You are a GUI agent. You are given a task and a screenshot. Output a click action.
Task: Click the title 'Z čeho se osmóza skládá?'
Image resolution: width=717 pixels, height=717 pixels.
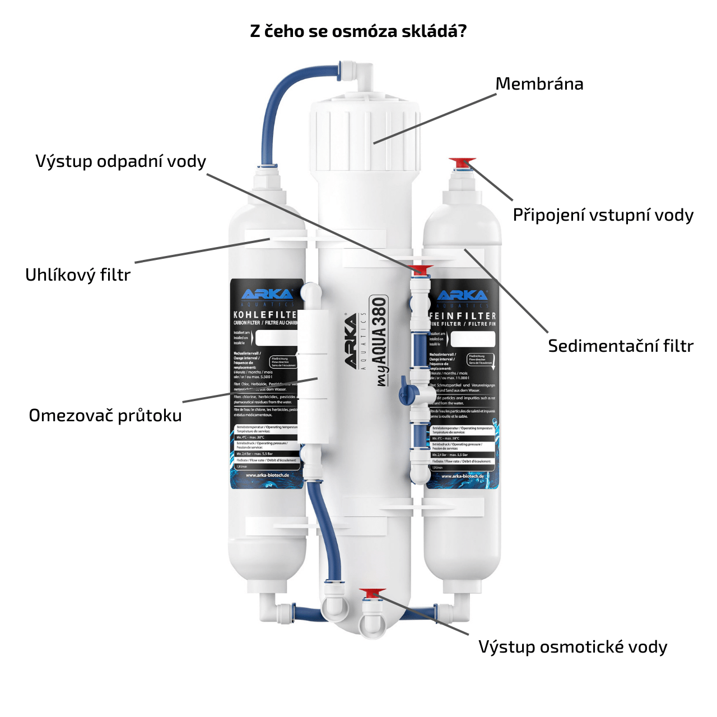(358, 31)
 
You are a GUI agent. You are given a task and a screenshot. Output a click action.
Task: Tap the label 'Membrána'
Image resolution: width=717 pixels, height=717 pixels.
(539, 84)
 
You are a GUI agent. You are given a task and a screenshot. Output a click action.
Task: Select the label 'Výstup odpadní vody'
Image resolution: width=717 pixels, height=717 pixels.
(121, 161)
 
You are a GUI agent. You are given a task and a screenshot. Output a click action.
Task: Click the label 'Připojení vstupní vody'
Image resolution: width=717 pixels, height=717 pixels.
(603, 215)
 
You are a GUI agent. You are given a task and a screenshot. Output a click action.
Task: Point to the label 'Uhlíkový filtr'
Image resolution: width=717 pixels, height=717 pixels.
(78, 275)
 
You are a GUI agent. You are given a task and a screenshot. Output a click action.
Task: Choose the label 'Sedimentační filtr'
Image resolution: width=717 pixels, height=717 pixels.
(620, 346)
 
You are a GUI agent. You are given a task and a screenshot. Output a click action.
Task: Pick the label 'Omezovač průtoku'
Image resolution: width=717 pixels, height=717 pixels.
(105, 416)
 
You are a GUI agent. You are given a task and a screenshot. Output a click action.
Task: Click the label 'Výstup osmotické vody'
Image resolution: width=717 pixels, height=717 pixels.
(572, 647)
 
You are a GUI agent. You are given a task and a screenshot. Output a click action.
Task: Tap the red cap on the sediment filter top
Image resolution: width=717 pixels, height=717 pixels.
(462, 163)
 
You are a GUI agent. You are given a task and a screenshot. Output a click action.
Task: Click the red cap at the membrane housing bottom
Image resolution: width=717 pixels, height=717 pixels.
(373, 593)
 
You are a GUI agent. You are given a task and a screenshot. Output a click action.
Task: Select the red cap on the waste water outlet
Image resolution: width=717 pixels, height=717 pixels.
(422, 269)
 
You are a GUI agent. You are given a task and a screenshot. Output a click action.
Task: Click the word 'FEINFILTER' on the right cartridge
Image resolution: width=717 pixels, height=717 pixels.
(463, 316)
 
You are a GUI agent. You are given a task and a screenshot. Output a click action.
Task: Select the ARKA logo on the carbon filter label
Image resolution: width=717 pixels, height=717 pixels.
(267, 295)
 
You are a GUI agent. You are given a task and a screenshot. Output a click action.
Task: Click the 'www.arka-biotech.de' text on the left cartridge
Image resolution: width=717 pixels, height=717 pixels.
(267, 475)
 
